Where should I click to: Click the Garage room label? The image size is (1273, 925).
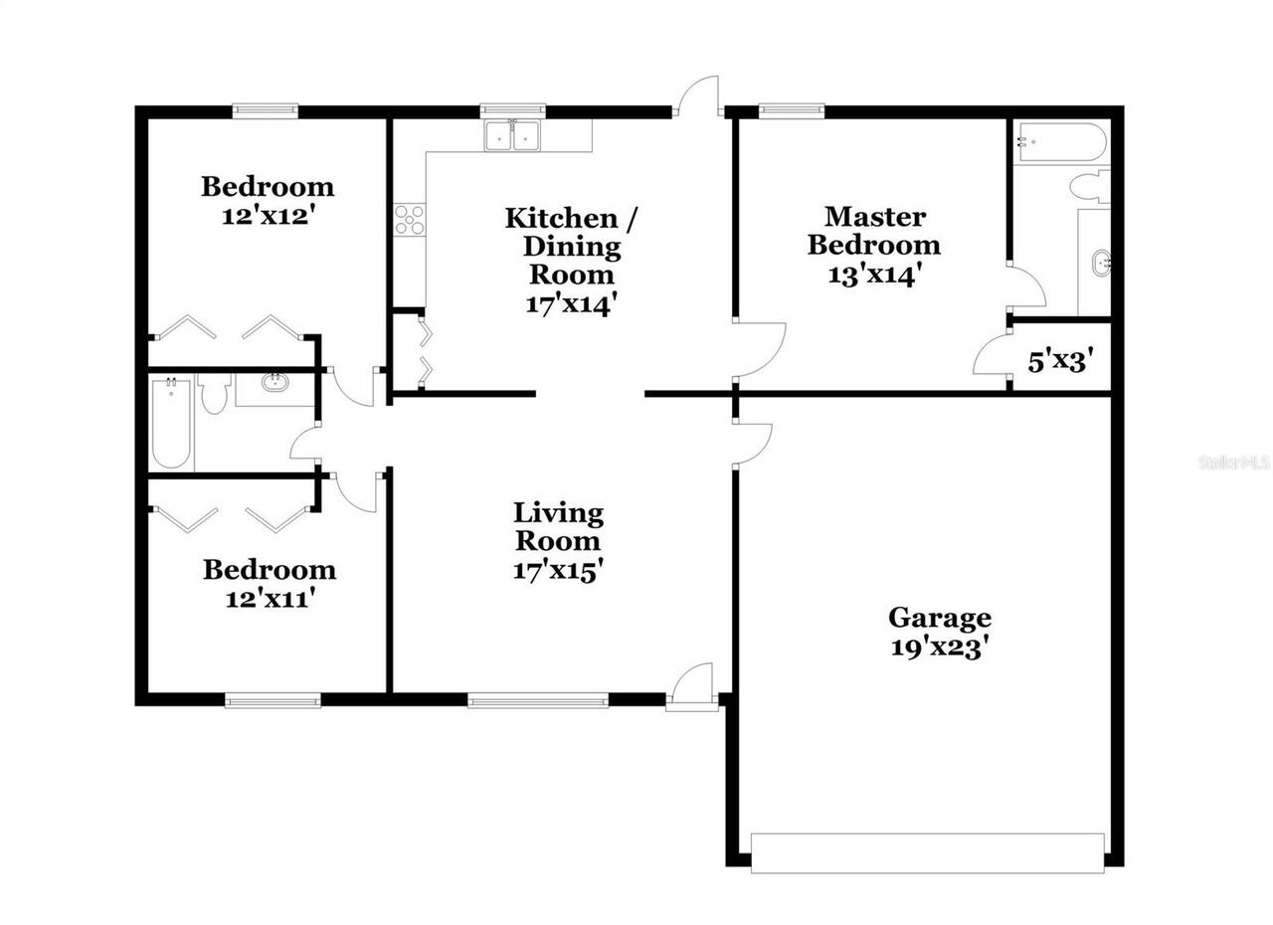click(x=939, y=618)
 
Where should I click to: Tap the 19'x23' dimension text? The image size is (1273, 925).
click(x=939, y=647)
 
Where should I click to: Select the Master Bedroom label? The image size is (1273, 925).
click(x=873, y=230)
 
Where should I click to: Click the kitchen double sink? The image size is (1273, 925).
click(x=512, y=136)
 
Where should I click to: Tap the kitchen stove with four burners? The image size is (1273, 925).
click(x=409, y=219)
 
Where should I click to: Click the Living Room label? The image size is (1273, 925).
click(x=558, y=527)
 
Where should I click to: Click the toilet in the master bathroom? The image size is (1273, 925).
click(x=1090, y=185)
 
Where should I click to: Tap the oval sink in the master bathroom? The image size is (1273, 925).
click(x=1101, y=265)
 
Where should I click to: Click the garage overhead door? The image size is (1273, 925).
click(x=927, y=852)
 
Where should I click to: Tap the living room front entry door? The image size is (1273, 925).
click(x=692, y=686)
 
